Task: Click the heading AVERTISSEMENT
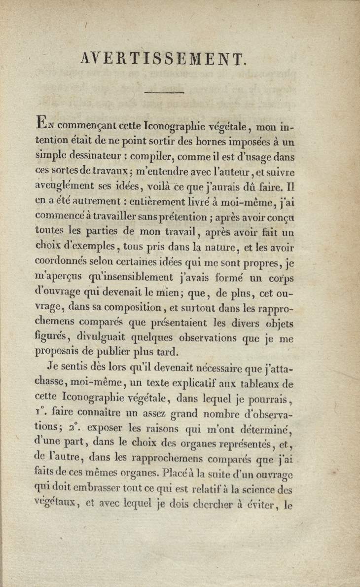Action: pyautogui.click(x=162, y=59)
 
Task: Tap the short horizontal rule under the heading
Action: pyautogui.click(x=164, y=92)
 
